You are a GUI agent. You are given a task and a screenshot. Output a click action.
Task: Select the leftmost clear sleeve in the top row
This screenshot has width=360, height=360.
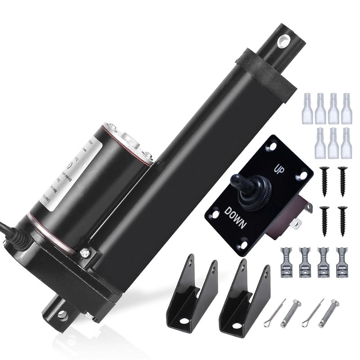click(308, 108)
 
